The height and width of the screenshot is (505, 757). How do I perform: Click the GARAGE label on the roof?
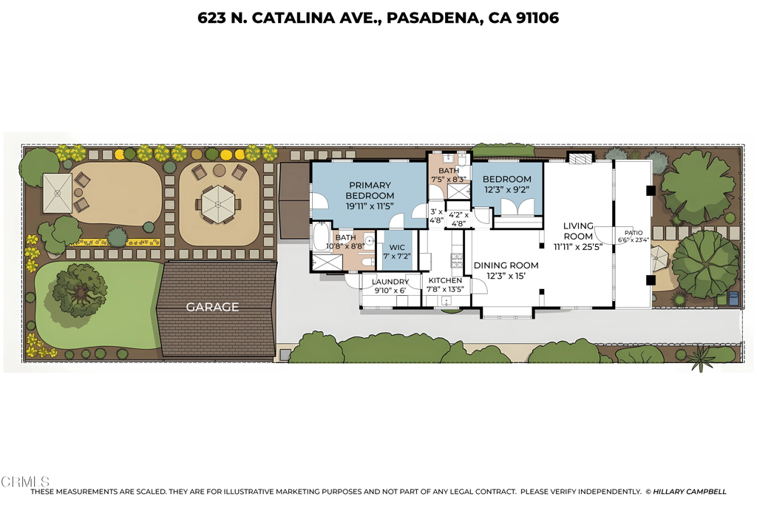[212, 307]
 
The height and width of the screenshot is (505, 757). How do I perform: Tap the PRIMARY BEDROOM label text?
[370, 190]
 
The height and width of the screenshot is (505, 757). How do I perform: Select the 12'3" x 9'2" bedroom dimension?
[507, 190]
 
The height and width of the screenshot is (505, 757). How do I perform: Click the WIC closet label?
[397, 248]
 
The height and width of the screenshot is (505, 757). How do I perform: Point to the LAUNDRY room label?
[390, 282]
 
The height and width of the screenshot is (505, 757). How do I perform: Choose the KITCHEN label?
[445, 280]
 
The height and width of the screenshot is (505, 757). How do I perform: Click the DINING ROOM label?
[506, 265]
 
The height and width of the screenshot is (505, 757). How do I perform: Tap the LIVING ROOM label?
[578, 231]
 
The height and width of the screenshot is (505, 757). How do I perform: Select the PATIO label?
[634, 233]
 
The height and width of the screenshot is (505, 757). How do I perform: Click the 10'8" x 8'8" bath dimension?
[345, 245]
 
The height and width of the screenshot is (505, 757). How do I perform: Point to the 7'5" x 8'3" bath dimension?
[449, 180]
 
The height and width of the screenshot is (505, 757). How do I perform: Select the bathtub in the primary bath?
[319, 237]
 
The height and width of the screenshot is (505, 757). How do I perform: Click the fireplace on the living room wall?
[580, 158]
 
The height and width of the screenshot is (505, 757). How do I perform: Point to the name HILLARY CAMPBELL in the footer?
[690, 492]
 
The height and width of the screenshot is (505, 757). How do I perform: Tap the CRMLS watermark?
[25, 481]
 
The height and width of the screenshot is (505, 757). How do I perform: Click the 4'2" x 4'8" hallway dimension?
[458, 219]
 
